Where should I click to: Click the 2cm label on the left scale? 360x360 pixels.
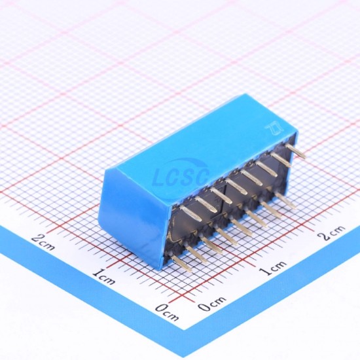pos(43,242)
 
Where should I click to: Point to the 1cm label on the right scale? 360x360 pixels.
pos(274,268)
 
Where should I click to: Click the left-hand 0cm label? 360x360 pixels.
pos(167,312)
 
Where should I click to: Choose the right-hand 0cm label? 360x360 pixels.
pos(211,303)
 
